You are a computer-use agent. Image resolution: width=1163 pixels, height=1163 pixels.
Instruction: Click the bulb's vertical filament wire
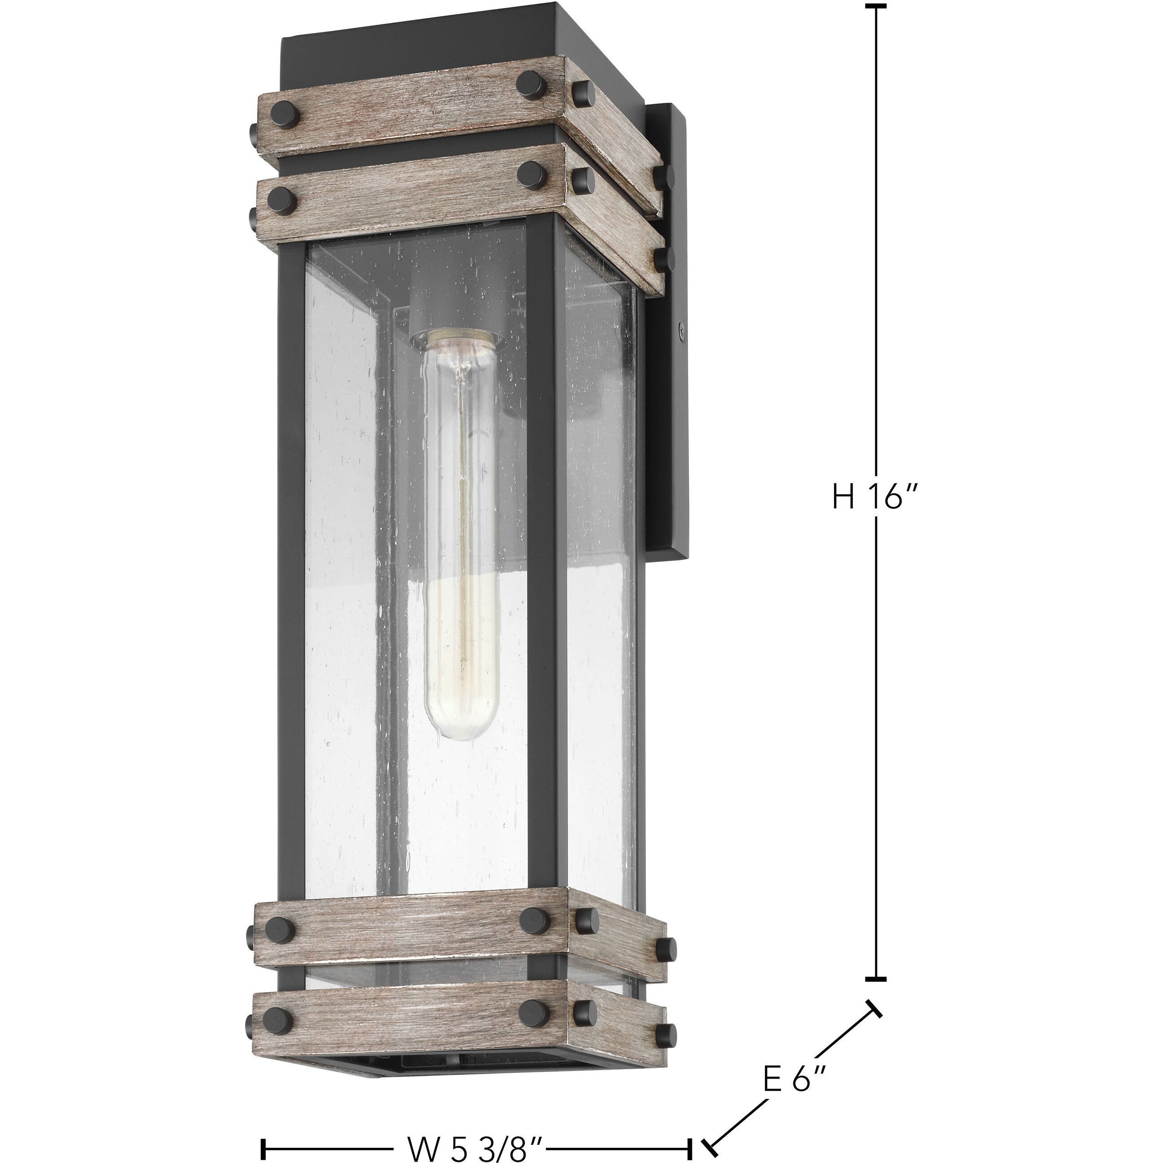coord(462,542)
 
